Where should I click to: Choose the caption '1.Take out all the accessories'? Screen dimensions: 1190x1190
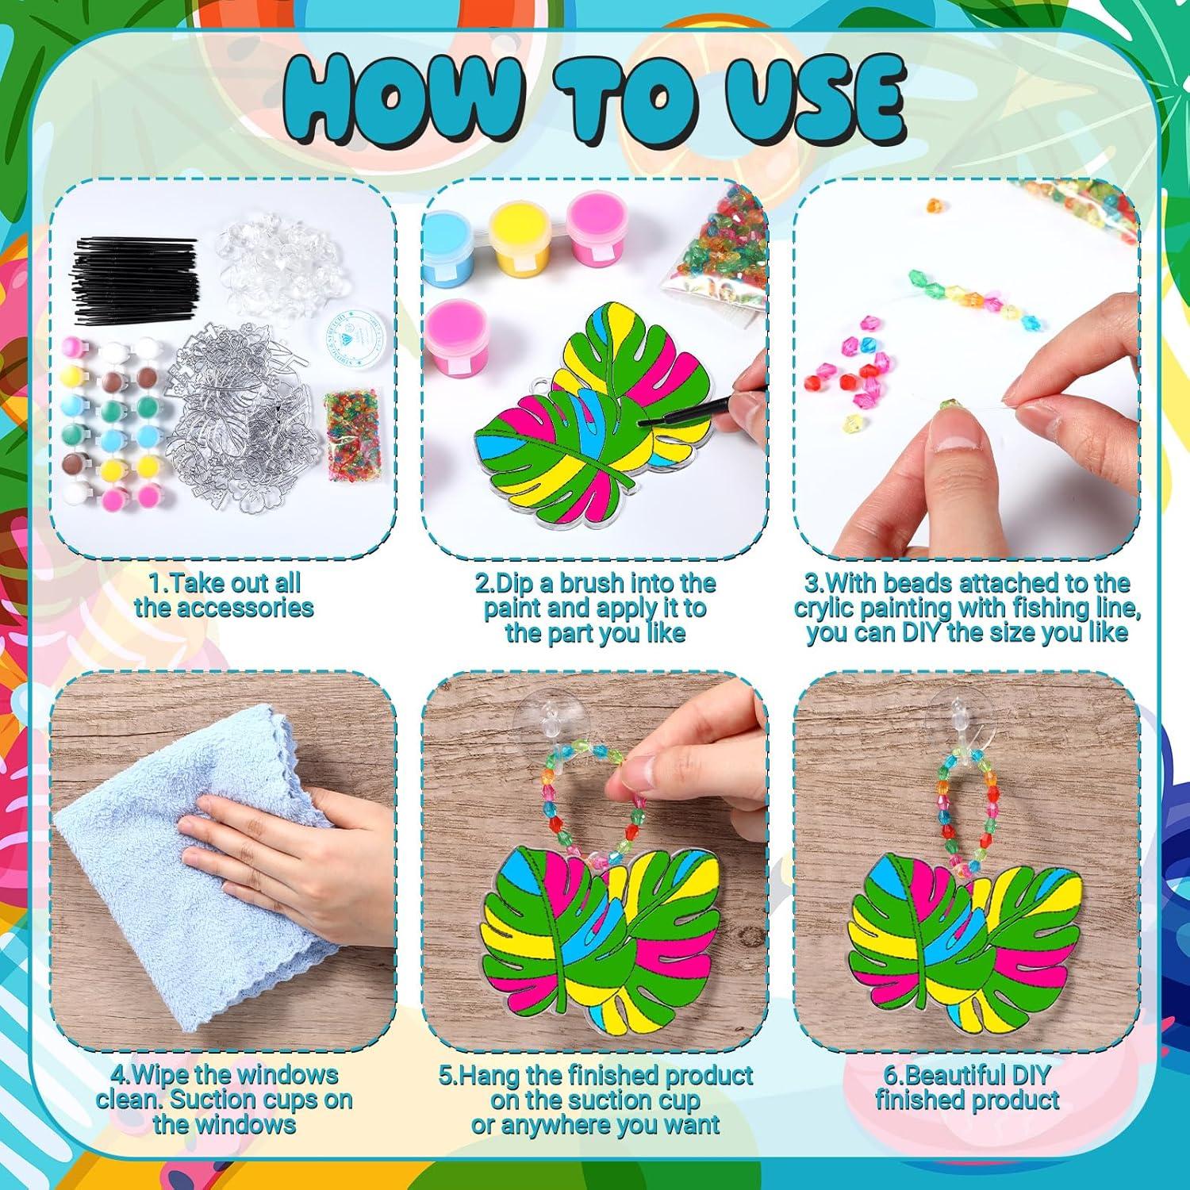(225, 595)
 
